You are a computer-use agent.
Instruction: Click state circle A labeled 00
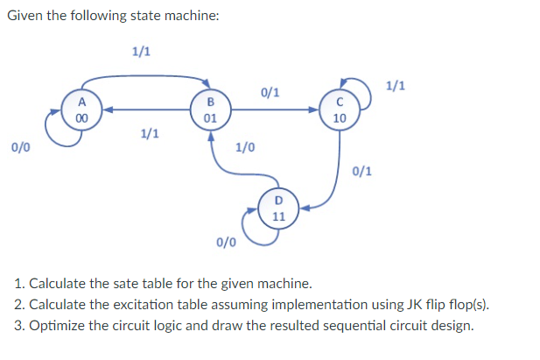[x=81, y=111]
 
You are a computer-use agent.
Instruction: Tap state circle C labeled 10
[x=340, y=111]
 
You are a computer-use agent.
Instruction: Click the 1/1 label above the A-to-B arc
[x=140, y=51]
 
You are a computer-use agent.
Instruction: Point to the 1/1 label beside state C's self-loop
[x=396, y=86]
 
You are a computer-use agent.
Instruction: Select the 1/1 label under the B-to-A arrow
[x=150, y=134]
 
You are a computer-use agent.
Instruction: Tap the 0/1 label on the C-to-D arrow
[x=363, y=171]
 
